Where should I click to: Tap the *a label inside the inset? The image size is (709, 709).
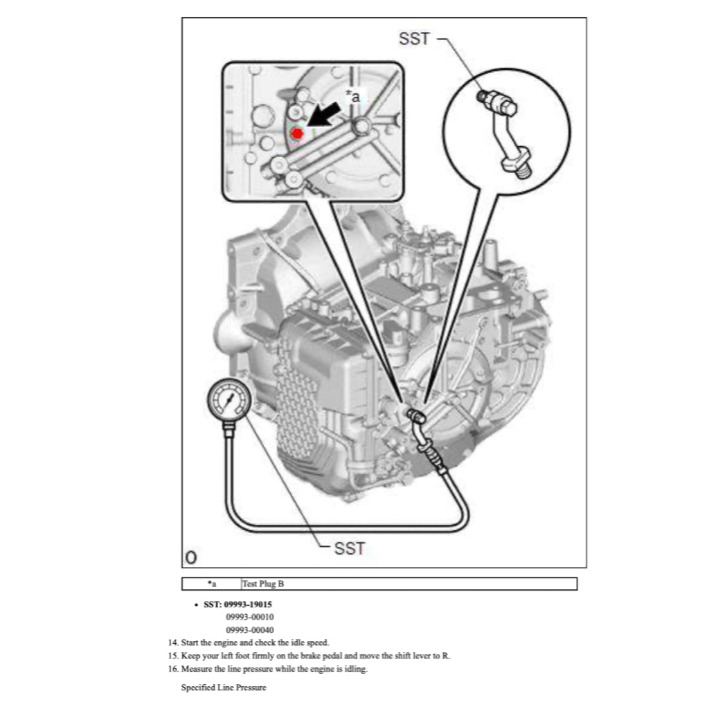[352, 97]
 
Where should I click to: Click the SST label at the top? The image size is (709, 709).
[415, 39]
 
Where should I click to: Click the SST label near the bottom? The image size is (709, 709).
[349, 548]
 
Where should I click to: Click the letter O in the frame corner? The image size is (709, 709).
[190, 557]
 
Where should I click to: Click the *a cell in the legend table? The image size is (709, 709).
[212, 584]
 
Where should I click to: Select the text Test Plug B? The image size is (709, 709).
[263, 584]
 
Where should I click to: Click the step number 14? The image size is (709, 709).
[173, 643]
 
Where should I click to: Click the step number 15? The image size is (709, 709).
[173, 656]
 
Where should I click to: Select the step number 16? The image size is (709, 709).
[173, 669]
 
